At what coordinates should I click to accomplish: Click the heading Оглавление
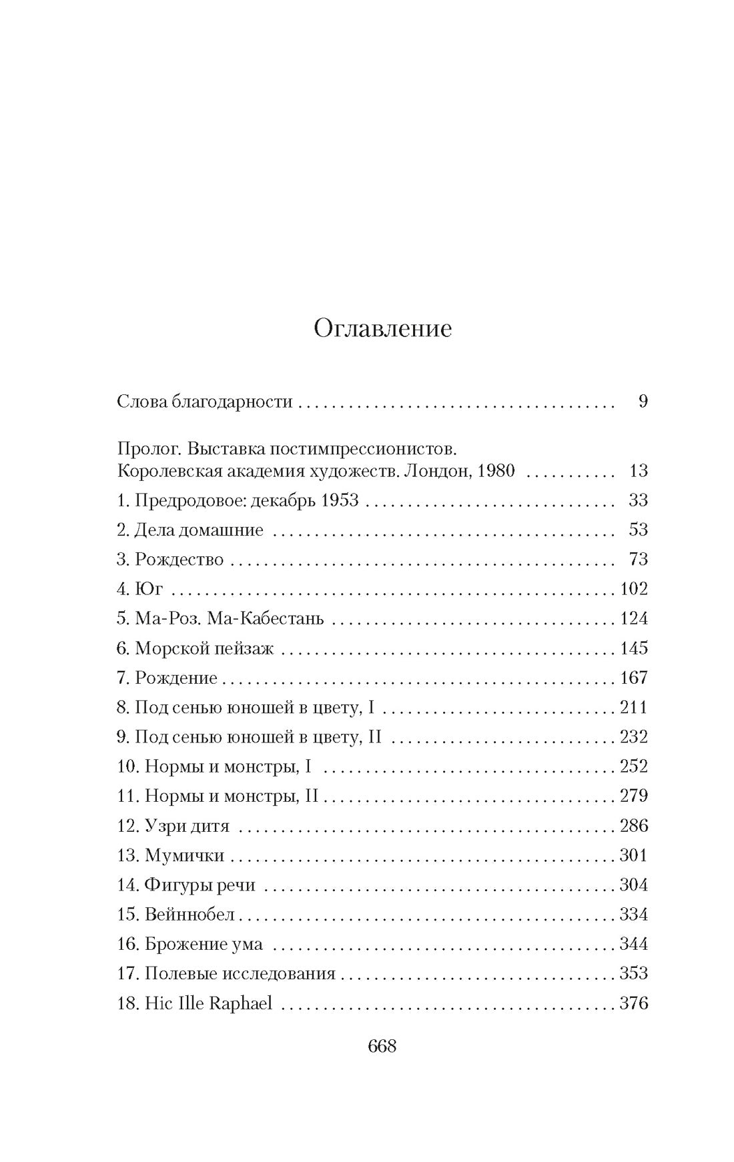pos(382,329)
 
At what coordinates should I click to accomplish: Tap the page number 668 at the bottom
pos(382,1046)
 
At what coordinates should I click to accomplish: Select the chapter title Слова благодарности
pos(205,402)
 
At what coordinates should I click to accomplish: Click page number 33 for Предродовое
pos(638,500)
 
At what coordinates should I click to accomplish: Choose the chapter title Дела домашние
pos(199,530)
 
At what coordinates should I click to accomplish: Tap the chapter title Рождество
pos(179,560)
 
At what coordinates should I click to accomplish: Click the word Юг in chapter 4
pos(149,589)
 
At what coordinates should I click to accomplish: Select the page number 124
pos(633,618)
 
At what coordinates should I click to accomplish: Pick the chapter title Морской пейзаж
pos(204,648)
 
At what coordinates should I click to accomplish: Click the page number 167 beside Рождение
pos(633,678)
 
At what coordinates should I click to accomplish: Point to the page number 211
pos(633,707)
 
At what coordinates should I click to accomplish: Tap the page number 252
pos(633,766)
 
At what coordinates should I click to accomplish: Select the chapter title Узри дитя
pos(187,826)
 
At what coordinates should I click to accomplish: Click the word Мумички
pos(184,855)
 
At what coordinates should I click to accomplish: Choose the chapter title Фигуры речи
pos(200,885)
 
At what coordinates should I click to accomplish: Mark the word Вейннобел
pos(190,915)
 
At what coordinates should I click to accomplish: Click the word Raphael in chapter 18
pos(241,1003)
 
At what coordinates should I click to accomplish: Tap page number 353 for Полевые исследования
pos(633,973)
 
